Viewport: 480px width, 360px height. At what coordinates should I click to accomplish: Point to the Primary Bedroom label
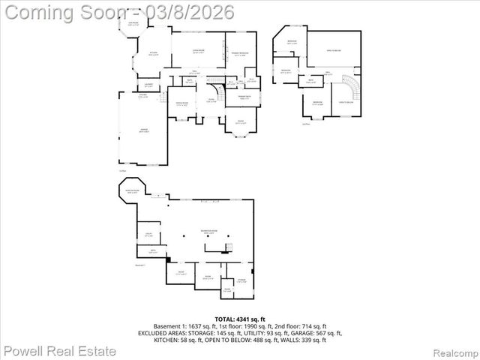[x=240, y=54]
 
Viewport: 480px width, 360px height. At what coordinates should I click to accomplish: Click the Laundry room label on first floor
[x=149, y=84]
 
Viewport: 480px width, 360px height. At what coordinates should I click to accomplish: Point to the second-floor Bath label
[x=310, y=82]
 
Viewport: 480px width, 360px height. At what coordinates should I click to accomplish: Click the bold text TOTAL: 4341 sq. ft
[x=239, y=319]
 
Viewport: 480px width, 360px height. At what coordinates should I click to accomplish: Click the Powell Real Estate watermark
[x=60, y=350]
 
